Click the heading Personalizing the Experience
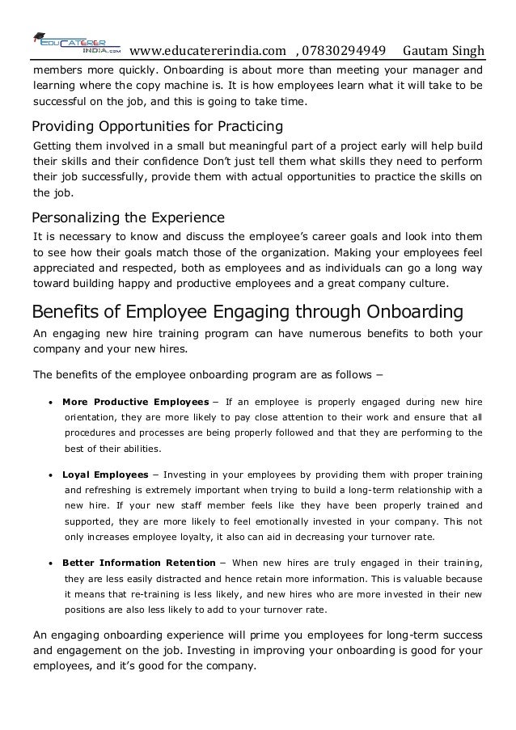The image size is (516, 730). [x=127, y=218]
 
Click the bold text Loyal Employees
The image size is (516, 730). [x=105, y=474]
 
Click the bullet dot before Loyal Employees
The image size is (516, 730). [x=50, y=475]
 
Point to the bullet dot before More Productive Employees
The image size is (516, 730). [x=50, y=403]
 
